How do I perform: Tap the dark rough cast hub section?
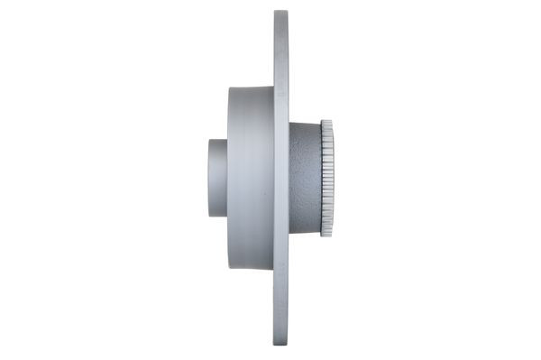tap(305, 178)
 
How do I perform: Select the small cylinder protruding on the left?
tap(217, 178)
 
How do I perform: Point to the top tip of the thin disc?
tap(281, 13)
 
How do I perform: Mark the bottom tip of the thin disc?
tap(281, 345)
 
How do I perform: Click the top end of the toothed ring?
tap(326, 122)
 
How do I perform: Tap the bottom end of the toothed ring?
tap(326, 235)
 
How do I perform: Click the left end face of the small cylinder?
tap(210, 178)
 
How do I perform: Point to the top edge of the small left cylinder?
tap(218, 140)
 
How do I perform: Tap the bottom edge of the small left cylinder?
tap(218, 216)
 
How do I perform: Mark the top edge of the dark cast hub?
tap(305, 125)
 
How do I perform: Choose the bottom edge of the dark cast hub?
tap(305, 232)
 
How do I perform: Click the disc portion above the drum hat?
tap(281, 50)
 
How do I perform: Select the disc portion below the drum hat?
tap(281, 307)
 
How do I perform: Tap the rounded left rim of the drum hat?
tap(230, 178)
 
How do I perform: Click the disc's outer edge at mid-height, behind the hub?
tap(288, 178)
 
